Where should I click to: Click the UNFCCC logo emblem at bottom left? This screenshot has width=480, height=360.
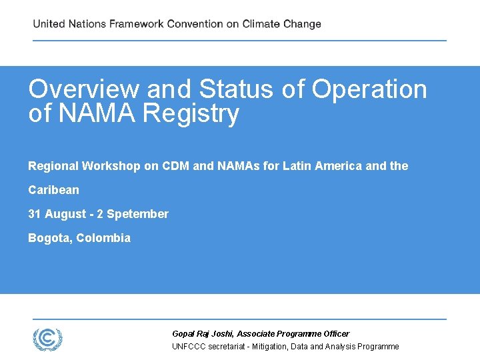pyautogui.click(x=47, y=338)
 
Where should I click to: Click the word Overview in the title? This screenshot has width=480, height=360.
pyautogui.click(x=83, y=89)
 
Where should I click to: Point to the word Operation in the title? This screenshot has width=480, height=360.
pyautogui.click(x=369, y=89)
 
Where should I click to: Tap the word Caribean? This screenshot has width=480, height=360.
pyautogui.click(x=53, y=190)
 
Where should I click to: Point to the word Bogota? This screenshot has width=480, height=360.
pyautogui.click(x=49, y=238)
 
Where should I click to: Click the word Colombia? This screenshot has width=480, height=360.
pyautogui.click(x=103, y=238)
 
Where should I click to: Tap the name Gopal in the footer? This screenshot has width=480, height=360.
pyautogui.click(x=183, y=333)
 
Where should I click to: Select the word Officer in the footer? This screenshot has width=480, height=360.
pyautogui.click(x=335, y=333)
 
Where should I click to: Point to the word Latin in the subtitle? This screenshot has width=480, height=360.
pyautogui.click(x=296, y=166)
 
